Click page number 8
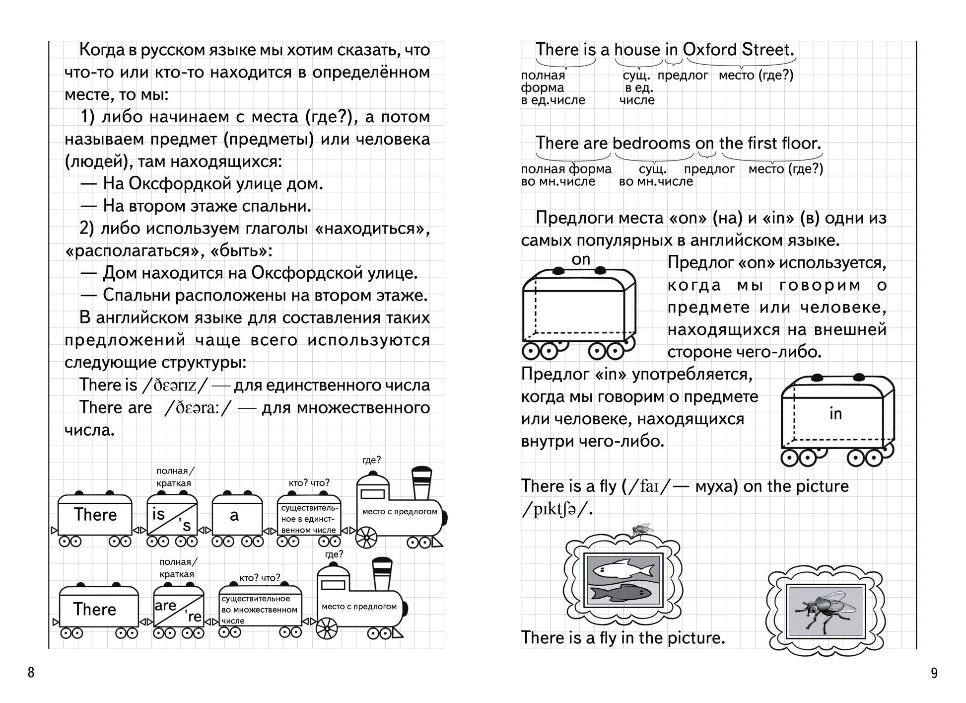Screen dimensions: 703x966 [31, 673]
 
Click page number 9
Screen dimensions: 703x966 [934, 673]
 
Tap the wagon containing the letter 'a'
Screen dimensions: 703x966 [237, 516]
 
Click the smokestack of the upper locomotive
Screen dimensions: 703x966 [421, 483]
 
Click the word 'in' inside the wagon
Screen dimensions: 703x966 [835, 413]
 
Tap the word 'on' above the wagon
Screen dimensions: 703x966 [581, 259]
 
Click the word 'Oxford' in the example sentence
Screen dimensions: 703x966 [709, 50]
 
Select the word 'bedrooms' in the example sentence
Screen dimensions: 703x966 [651, 143]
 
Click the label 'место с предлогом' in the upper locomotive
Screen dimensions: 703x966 [400, 512]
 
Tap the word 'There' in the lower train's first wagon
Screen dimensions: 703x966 [95, 609]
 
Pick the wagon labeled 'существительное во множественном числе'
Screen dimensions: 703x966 [260, 610]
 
